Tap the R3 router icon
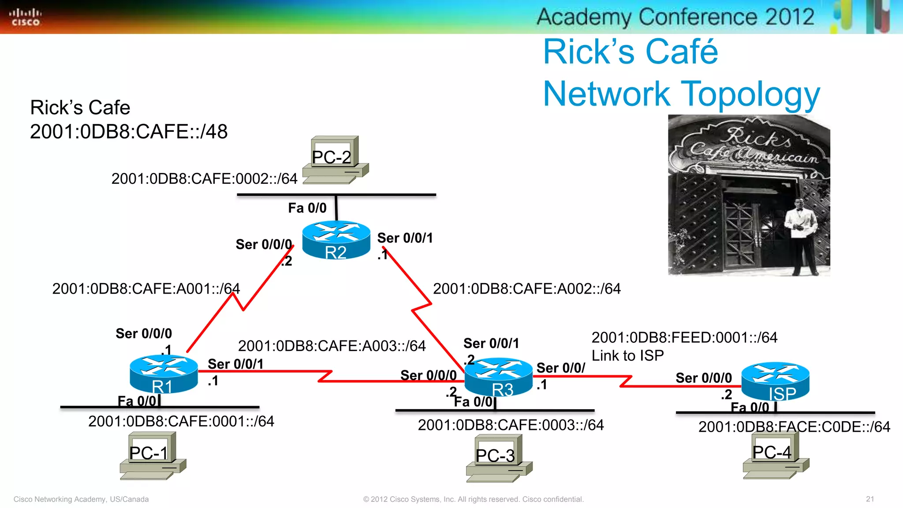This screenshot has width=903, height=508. point(499,377)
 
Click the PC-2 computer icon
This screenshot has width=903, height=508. point(336,160)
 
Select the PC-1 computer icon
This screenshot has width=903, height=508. point(153,456)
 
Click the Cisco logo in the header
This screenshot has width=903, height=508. point(25,17)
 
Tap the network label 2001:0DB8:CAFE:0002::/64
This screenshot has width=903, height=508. point(204,179)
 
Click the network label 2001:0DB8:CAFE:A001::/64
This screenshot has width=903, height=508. point(146,288)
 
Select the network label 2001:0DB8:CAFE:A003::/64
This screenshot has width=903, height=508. point(332,346)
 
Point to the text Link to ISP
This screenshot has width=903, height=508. point(627,355)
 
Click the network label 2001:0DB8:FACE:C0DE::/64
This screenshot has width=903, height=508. point(794,427)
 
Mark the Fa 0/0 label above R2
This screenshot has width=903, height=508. point(307,208)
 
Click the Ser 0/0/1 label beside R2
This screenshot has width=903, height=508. point(405,238)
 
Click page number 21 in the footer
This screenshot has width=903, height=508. point(869,499)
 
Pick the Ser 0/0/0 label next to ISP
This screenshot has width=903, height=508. point(703,378)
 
